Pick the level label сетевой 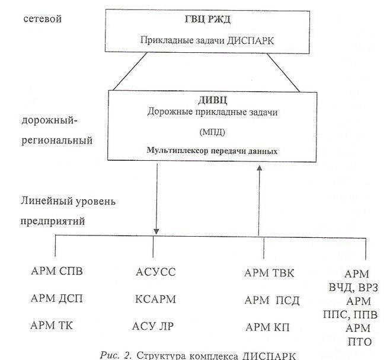[43, 20]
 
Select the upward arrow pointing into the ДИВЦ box [259, 202]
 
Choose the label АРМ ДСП [57, 299]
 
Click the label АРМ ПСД [272, 300]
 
